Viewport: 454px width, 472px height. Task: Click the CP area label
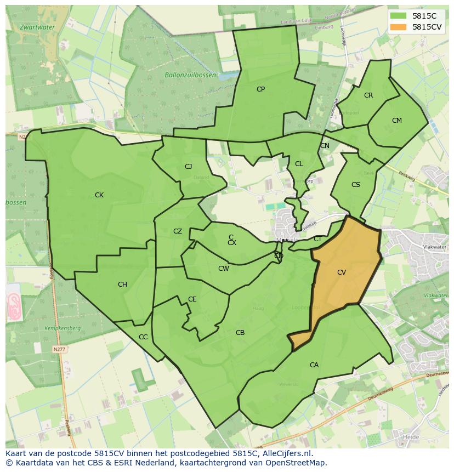(x=260, y=89)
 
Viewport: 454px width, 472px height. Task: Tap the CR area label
(x=368, y=95)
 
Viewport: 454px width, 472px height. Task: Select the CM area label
(x=397, y=121)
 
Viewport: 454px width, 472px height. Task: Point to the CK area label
(x=99, y=195)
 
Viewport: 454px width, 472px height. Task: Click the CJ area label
(x=188, y=167)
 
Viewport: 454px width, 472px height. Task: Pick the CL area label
(x=299, y=164)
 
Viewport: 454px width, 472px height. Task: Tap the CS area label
(x=356, y=185)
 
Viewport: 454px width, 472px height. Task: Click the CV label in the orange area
(x=342, y=272)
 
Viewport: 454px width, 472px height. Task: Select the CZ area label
(x=178, y=231)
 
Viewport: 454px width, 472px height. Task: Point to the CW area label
(x=224, y=269)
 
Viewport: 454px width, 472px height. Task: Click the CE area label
(x=192, y=299)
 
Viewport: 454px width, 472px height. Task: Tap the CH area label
(x=122, y=285)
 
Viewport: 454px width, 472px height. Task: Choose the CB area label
(x=240, y=333)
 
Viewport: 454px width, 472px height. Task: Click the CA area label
(x=314, y=365)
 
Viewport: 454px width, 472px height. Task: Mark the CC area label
(x=143, y=337)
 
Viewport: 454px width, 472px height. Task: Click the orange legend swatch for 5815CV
(x=399, y=27)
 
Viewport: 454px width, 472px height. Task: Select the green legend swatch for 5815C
(x=399, y=16)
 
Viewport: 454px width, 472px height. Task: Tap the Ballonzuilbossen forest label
(x=190, y=75)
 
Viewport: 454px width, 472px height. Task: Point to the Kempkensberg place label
(x=64, y=328)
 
